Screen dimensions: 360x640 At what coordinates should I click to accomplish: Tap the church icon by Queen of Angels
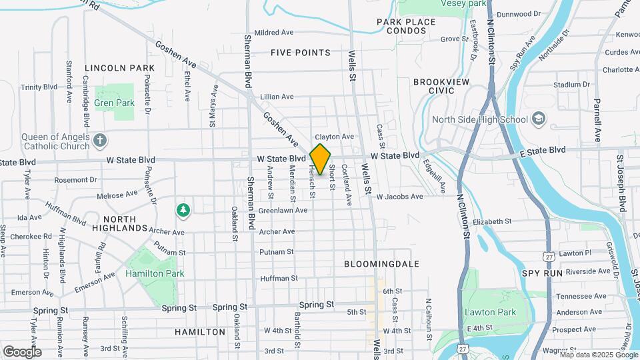99,141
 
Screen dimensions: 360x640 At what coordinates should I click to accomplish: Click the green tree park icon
183,211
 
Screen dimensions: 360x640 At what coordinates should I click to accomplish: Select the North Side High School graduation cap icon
538,119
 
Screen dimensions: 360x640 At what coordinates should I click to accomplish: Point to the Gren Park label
115,103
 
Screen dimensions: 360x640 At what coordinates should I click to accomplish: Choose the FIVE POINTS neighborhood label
301,53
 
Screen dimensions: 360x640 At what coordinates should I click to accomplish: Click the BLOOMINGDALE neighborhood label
382,264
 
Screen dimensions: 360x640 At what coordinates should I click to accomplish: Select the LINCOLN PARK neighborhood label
120,68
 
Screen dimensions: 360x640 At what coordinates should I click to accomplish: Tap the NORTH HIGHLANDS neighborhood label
125,223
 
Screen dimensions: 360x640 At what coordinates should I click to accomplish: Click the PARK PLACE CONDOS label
406,26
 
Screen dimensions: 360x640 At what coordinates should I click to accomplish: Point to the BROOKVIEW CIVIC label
441,85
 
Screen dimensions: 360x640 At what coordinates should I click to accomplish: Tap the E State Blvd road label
543,150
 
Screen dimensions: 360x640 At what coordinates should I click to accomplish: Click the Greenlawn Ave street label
283,210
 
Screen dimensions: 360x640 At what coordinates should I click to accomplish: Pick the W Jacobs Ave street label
399,197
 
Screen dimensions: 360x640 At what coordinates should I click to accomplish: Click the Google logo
22,352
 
